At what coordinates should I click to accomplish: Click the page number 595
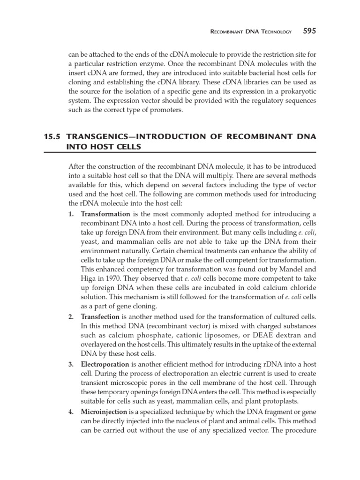pyautogui.click(x=309, y=31)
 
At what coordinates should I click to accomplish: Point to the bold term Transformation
pyautogui.click(x=105, y=214)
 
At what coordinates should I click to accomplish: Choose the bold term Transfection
pyautogui.click(x=100, y=317)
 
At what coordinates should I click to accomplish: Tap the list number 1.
pyautogui.click(x=71, y=214)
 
